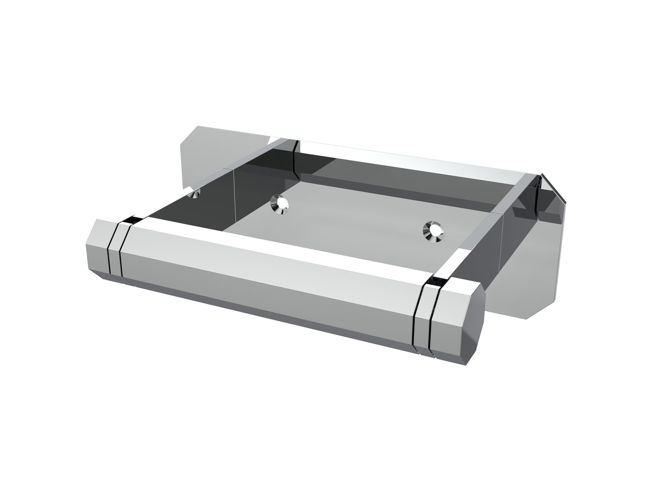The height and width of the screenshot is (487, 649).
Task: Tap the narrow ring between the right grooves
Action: pos(424,321)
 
